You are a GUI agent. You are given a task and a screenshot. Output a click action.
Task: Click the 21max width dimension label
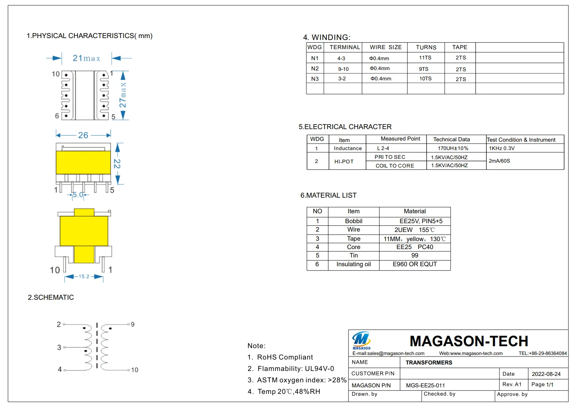click(x=86, y=58)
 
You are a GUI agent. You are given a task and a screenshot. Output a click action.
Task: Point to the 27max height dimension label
click(x=123, y=95)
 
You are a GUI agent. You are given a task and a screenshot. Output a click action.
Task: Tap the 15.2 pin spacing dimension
click(x=84, y=277)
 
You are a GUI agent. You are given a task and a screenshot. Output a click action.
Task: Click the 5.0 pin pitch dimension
click(x=78, y=195)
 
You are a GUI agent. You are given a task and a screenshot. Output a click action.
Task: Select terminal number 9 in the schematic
click(x=133, y=324)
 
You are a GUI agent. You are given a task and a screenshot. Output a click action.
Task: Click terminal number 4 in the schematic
click(x=59, y=369)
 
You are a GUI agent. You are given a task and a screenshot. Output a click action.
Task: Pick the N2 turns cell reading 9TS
click(x=424, y=69)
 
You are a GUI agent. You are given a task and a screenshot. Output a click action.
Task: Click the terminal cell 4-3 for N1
click(x=341, y=58)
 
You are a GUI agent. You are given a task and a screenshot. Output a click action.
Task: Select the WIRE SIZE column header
click(x=386, y=47)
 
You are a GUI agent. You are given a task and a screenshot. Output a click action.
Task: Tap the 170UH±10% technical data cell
click(x=453, y=149)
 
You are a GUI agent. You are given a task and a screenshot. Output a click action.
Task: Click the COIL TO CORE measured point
click(x=395, y=166)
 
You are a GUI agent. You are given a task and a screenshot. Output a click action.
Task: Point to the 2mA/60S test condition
click(x=499, y=161)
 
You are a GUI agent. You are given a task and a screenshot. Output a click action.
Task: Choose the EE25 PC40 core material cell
click(x=414, y=247)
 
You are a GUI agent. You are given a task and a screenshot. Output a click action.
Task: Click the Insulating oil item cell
click(x=354, y=264)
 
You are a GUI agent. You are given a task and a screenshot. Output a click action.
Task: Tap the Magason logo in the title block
click(x=361, y=340)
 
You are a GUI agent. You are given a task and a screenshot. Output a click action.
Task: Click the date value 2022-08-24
click(x=546, y=374)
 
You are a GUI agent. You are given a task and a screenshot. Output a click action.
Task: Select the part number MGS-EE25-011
click(x=425, y=385)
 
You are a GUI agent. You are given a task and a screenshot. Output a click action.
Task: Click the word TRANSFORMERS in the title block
click(x=429, y=363)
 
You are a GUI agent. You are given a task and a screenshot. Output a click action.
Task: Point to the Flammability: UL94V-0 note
click(x=291, y=369)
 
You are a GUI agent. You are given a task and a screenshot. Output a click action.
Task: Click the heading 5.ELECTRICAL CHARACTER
click(x=345, y=127)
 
